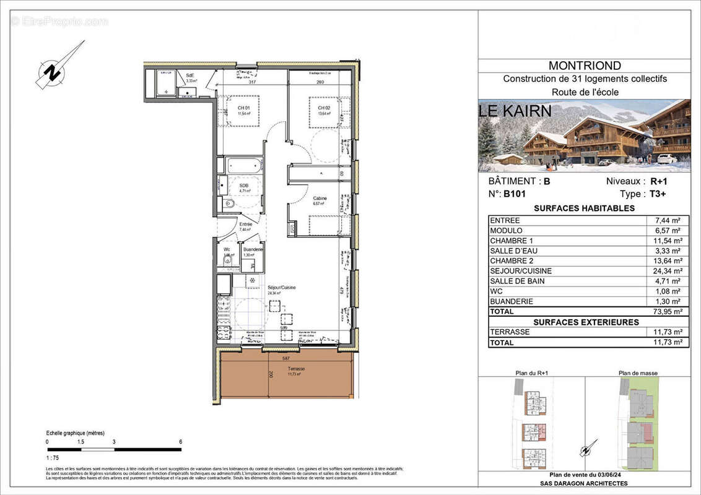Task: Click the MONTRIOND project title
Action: click(585, 66)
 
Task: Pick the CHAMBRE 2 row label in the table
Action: click(511, 261)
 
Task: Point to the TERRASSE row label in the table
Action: click(509, 332)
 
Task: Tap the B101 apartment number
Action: click(515, 193)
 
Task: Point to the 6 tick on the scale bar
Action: click(180, 442)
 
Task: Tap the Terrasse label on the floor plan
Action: click(296, 369)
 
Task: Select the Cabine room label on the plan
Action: click(320, 198)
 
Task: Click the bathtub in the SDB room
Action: click(244, 166)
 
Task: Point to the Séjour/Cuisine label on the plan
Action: click(281, 287)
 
